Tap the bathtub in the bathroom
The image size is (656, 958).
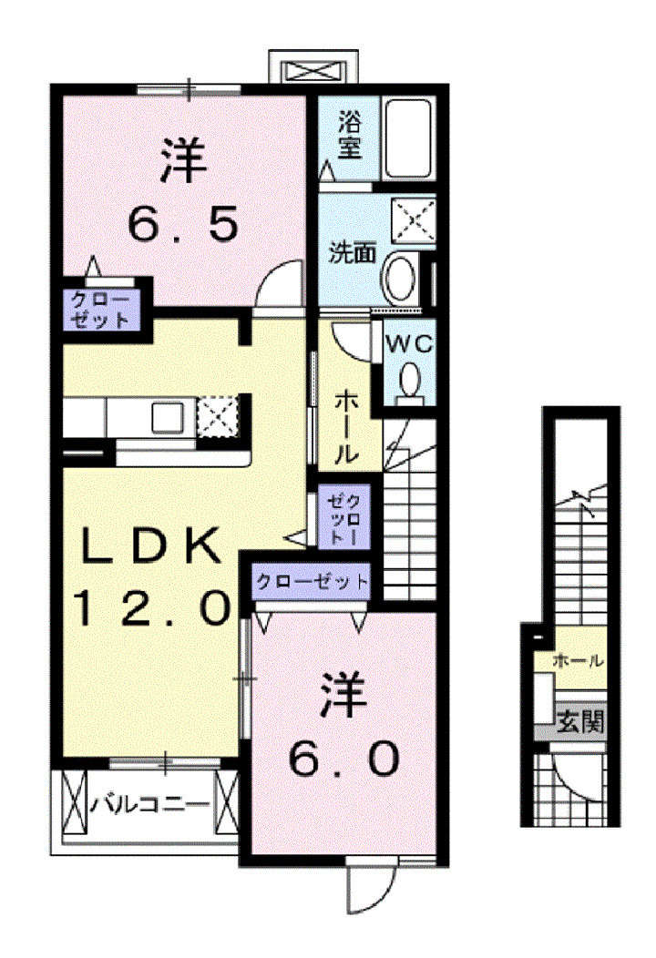(x=407, y=141)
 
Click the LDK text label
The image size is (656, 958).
(x=150, y=547)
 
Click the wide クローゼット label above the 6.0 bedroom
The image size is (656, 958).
(x=312, y=581)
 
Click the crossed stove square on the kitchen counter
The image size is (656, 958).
(x=219, y=417)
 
